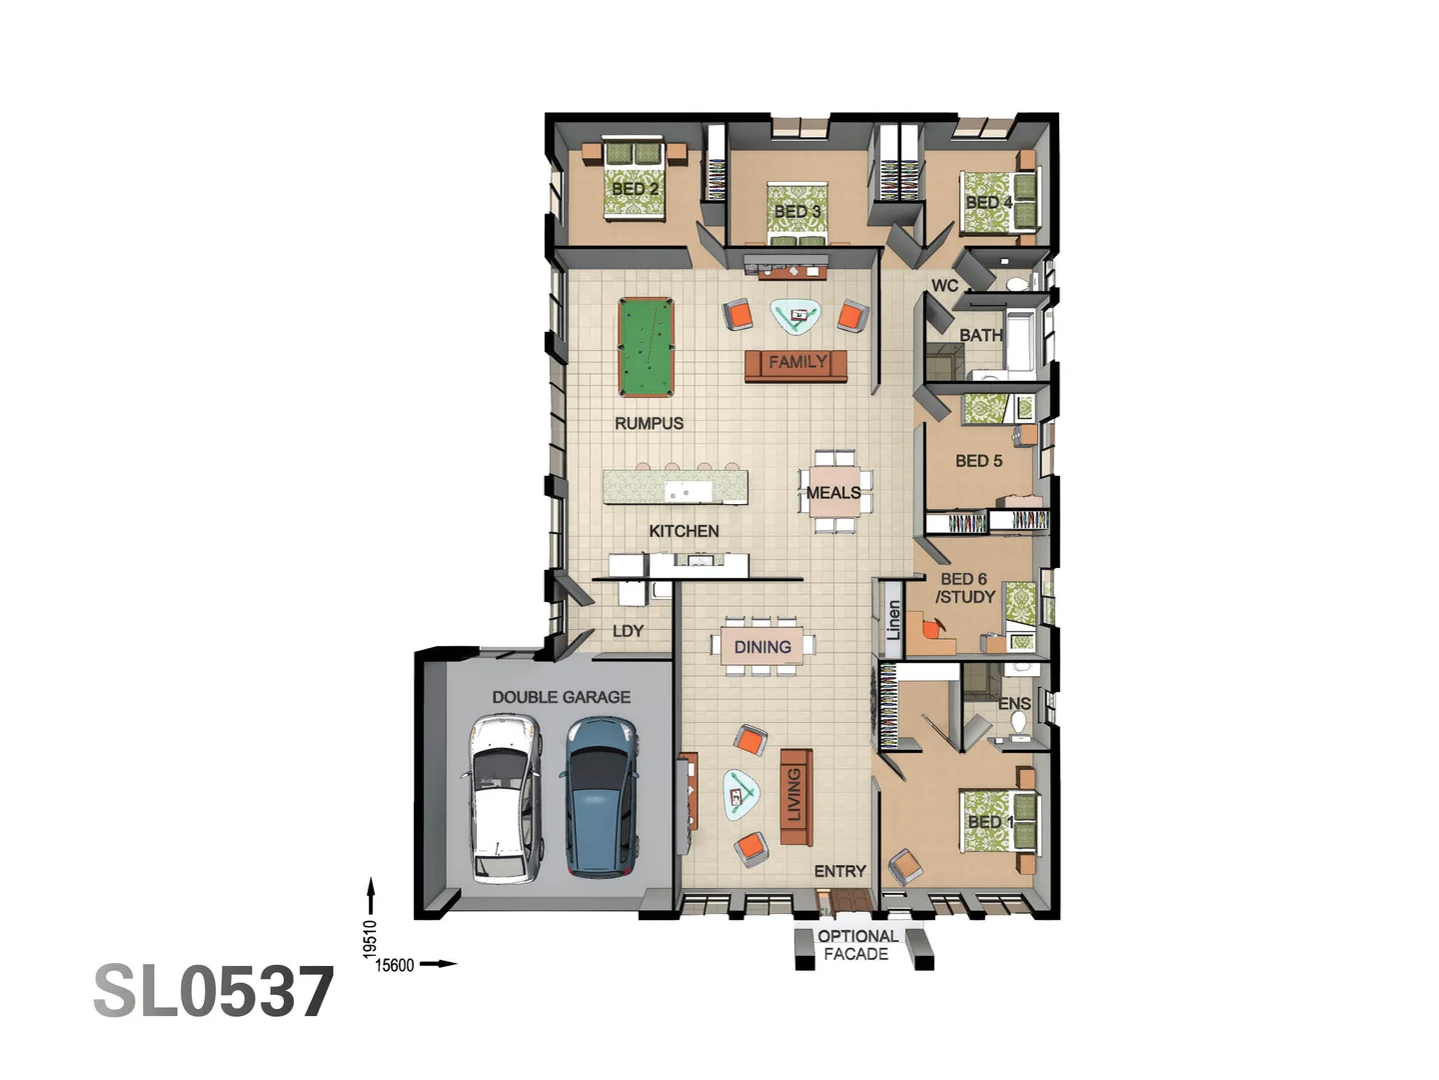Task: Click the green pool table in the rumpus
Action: click(646, 347)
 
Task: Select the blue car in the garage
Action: click(601, 797)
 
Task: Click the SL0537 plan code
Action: click(214, 992)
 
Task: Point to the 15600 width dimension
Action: click(394, 965)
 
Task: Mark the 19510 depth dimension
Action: click(371, 938)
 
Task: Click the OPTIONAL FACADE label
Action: click(856, 945)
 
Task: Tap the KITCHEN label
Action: click(684, 531)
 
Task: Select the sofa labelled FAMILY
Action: click(796, 364)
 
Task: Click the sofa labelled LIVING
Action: click(795, 797)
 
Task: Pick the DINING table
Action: click(762, 647)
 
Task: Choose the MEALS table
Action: click(833, 492)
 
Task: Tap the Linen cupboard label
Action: click(893, 620)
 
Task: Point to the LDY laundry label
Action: click(628, 631)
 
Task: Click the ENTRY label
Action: click(839, 871)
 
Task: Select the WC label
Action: click(944, 286)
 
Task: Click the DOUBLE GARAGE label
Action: click(561, 697)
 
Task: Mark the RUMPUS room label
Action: click(649, 423)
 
